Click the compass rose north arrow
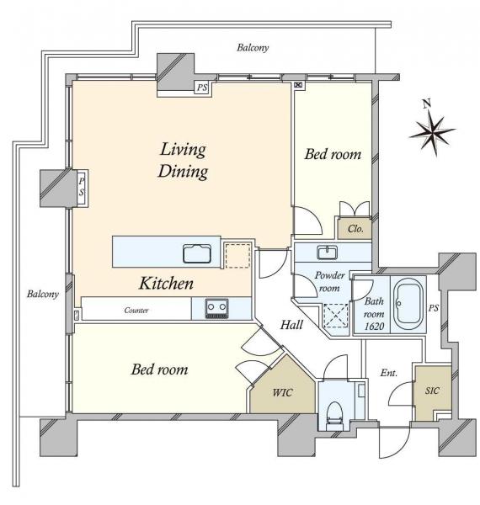tap(432, 131)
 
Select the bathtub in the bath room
tap(408, 304)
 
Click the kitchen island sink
tap(197, 254)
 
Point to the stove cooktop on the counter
tap(216, 309)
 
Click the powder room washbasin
tap(327, 252)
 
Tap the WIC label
tap(282, 392)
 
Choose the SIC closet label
tap(432, 391)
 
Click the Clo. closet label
tap(355, 229)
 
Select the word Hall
tap(291, 325)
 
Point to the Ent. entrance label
tap(389, 373)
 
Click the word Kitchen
tap(166, 284)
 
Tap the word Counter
tap(136, 311)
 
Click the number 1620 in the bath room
tap(374, 327)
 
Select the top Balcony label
tap(253, 48)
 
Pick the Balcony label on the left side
tap(42, 294)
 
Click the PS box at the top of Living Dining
tap(202, 88)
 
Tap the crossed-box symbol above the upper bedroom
tap(299, 85)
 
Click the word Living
tap(183, 150)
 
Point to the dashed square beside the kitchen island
tap(237, 256)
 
